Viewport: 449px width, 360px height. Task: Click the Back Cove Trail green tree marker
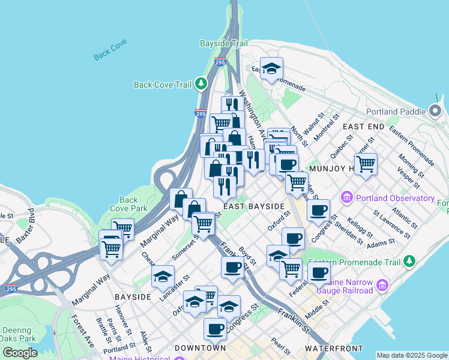202,84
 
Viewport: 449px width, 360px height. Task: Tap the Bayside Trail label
223,44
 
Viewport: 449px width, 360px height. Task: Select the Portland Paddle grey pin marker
435,111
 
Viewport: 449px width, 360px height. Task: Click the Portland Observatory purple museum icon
346,197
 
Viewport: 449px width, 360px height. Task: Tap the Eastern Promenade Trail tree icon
409,262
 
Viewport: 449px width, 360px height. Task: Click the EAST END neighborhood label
363,127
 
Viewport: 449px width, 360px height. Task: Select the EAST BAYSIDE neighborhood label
253,206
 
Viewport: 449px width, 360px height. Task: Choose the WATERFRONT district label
334,348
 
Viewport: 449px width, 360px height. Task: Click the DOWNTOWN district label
200,348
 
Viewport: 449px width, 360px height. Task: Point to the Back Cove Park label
128,204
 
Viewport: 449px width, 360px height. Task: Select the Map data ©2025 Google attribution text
412,355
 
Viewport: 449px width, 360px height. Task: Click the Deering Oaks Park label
20,334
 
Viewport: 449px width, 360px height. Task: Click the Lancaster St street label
174,287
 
